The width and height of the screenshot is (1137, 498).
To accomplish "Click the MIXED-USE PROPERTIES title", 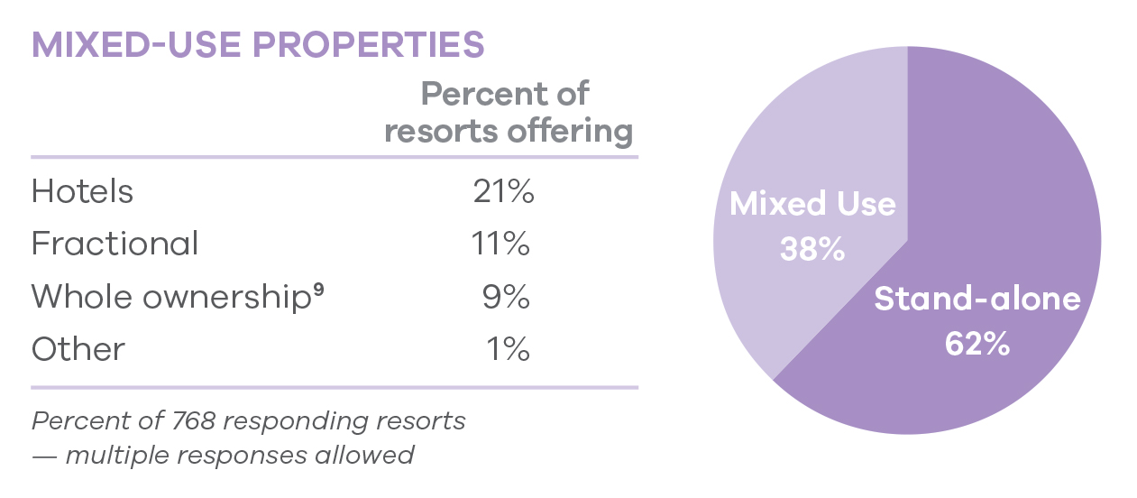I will point(258,45).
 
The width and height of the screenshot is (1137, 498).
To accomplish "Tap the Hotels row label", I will point(82,191).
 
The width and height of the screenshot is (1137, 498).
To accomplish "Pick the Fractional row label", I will point(115,244).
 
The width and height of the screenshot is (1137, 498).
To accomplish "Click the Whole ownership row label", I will point(171,297).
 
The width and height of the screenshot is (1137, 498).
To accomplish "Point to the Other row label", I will point(78,349).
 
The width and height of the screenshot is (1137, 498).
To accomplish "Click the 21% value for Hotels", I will point(503,191).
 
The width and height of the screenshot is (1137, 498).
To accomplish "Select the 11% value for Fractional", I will point(500,244).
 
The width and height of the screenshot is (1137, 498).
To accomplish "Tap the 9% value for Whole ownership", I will point(506,297).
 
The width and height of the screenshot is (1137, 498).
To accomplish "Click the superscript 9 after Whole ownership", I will point(318,290).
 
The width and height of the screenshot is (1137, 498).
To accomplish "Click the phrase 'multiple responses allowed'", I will point(239,455).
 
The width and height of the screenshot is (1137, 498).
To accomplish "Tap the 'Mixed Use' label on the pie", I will point(812,204).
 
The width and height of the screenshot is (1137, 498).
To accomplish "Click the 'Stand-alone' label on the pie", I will point(977,299).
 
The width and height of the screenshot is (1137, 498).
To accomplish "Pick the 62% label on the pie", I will point(977,344).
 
